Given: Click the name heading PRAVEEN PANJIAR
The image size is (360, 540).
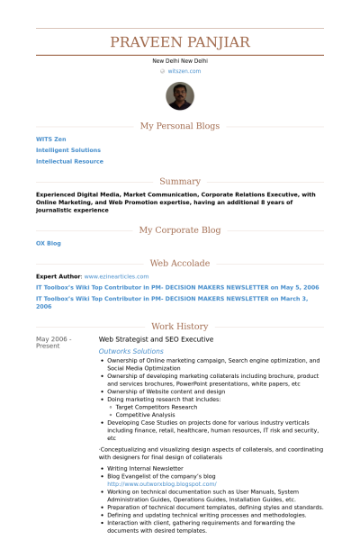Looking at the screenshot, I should [x=180, y=42].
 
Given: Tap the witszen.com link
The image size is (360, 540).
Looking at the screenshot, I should [x=184, y=70].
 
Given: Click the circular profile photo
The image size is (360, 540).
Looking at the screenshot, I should [x=180, y=96].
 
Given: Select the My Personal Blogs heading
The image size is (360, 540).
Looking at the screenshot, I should [x=180, y=126].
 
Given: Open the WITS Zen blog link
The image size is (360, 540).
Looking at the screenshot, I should [x=52, y=139].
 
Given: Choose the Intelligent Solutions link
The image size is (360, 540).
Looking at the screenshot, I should [x=68, y=150].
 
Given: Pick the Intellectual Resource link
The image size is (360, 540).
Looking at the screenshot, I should [x=69, y=161].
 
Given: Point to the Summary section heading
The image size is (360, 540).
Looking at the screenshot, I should [x=180, y=181].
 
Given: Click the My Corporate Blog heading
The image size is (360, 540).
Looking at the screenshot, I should [x=180, y=229].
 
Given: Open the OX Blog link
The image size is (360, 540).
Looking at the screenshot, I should [x=49, y=243].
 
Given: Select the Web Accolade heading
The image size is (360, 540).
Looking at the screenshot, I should [x=180, y=263].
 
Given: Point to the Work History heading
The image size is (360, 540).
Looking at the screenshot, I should [x=180, y=327].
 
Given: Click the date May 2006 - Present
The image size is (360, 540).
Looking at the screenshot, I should [x=53, y=342].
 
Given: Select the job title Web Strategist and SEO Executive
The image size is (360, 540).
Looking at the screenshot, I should [x=156, y=339].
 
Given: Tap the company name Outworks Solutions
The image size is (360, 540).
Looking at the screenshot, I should [x=130, y=351].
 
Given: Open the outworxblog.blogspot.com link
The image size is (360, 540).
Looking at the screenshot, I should [x=161, y=483].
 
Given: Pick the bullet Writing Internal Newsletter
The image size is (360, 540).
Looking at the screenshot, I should [x=145, y=469].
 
